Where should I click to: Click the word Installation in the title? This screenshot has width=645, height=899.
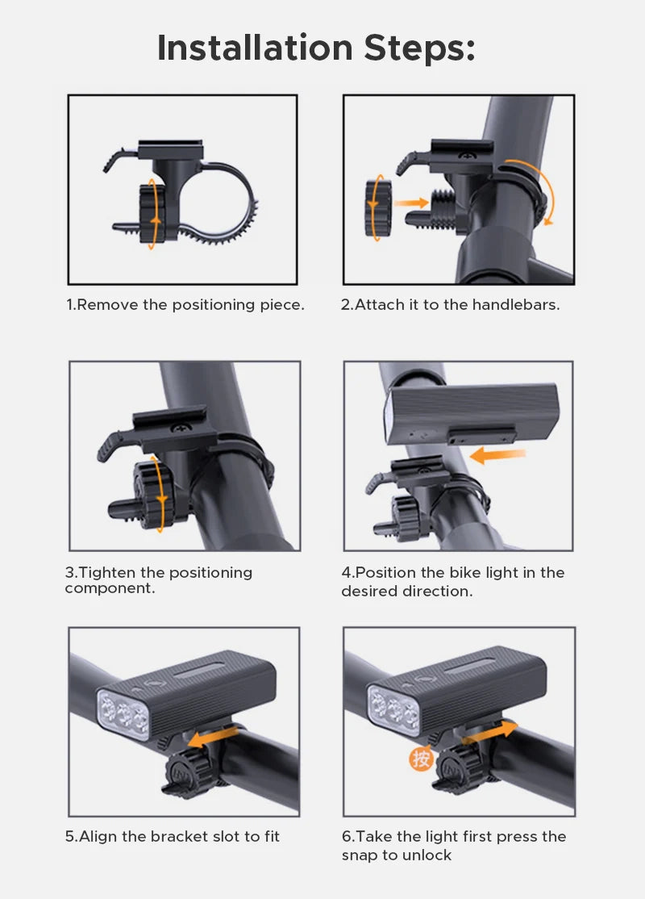(255, 48)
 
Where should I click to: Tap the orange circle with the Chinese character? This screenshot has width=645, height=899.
(420, 759)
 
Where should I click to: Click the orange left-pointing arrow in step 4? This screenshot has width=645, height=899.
(497, 456)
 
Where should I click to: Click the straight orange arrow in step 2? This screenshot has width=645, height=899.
(411, 203)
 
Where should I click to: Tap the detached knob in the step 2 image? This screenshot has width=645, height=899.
(378, 208)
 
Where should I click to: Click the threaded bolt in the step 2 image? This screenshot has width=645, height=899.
(443, 209)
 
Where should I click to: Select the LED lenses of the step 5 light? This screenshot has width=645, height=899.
(123, 713)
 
